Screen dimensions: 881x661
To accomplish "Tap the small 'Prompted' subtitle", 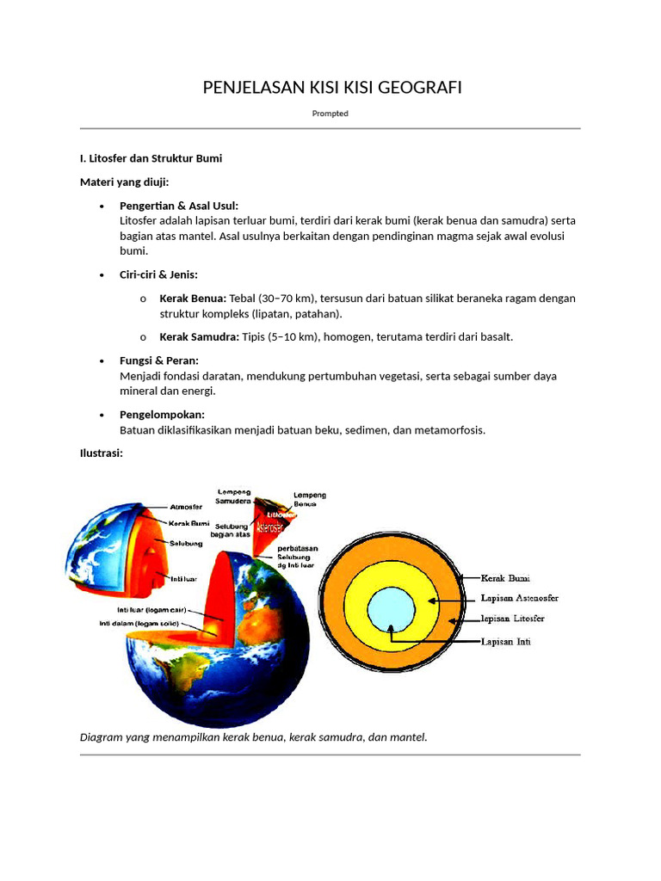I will pyautogui.click(x=330, y=114).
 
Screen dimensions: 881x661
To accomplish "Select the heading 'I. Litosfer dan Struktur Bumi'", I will pyautogui.click(x=151, y=158).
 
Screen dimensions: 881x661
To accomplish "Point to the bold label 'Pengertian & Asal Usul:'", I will pyautogui.click(x=179, y=206).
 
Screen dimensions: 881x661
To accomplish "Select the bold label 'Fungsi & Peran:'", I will pyautogui.click(x=159, y=360).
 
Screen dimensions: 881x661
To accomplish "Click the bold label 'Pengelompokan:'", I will pyautogui.click(x=162, y=415).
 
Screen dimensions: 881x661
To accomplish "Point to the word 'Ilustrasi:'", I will pyautogui.click(x=102, y=453).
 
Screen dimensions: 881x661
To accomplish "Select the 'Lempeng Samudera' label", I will pyautogui.click(x=233, y=496).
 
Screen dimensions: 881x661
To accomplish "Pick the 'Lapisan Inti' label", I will pyautogui.click(x=505, y=642).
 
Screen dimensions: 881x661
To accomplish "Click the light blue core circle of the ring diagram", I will pyautogui.click(x=391, y=610).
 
